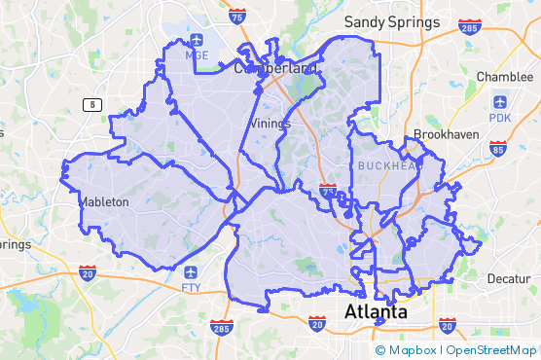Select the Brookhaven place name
[444, 134]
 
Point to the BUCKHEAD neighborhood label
[386, 166]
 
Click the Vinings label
[270, 124]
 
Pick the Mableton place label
[103, 202]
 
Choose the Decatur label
[509, 278]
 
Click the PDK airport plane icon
[500, 101]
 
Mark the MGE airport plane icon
[197, 40]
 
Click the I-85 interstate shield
[498, 149]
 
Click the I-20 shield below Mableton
[88, 275]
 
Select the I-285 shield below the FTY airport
[222, 327]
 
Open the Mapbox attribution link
[411, 350]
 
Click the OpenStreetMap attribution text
[491, 350]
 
